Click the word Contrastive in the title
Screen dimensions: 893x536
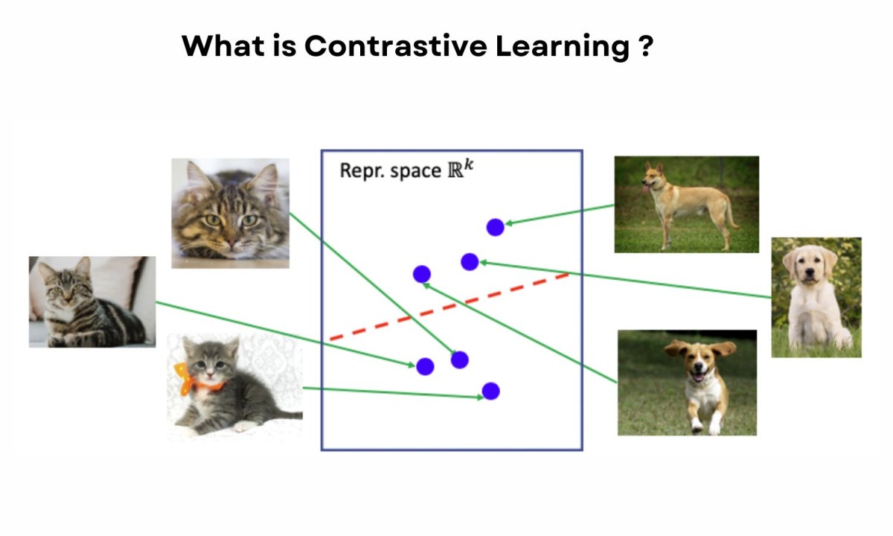point(395,46)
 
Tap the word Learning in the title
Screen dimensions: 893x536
point(562,47)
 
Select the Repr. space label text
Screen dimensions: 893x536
point(390,170)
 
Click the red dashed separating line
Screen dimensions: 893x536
point(449,307)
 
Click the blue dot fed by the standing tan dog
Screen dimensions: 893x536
point(495,227)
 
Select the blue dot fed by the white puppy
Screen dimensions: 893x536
point(470,262)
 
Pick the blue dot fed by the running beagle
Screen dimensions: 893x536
point(422,274)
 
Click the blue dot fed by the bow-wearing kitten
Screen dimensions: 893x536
point(490,392)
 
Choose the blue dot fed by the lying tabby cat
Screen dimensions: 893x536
point(425,366)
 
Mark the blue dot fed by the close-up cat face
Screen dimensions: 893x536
point(460,360)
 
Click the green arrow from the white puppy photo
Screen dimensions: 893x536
point(625,280)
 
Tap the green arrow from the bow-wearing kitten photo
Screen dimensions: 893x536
point(393,392)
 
